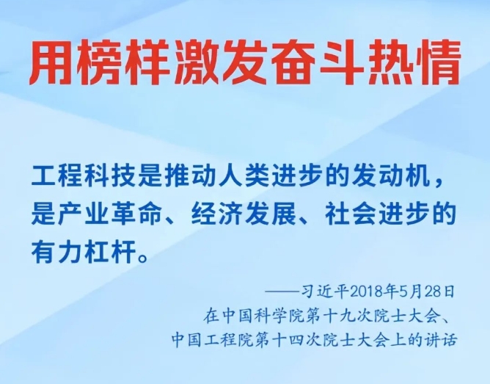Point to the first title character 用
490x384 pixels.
(x=51, y=62)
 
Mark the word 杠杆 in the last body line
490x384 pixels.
(x=111, y=251)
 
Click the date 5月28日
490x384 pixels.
(x=427, y=291)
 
